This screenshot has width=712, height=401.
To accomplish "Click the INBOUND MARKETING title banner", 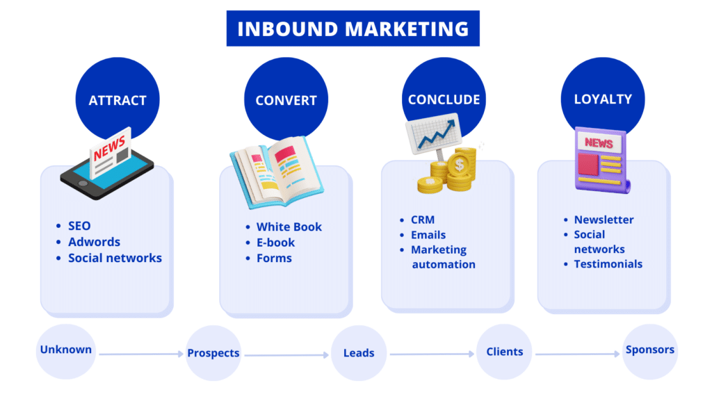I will point(353,28).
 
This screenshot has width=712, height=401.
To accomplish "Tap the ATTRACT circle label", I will point(118,100).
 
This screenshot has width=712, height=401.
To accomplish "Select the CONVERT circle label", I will point(286,100).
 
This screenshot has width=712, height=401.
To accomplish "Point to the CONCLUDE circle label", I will point(444,99).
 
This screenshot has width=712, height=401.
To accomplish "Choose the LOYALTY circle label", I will point(603,99).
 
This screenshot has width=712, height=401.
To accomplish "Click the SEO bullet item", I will point(79,226).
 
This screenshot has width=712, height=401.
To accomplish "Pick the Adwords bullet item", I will point(94,242).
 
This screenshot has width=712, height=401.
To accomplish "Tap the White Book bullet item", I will point(289,227).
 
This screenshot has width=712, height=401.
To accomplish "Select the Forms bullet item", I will point(274,258).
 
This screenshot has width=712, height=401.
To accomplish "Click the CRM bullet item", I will point(423,220).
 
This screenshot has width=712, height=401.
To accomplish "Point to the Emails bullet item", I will point(428,235).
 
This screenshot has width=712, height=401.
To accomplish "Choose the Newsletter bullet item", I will point(604,220).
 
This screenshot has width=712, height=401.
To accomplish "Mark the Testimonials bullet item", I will point(608,264).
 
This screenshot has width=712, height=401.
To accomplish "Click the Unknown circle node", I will point(65,350).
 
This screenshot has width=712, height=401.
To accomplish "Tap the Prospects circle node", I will point(213,353).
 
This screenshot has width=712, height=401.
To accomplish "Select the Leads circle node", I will point(359,353).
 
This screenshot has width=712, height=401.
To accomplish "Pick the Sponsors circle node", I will point(649,350).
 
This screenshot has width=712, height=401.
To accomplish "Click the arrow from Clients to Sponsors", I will point(577,354).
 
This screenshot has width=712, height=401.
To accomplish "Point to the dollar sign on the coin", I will point(459,165).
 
